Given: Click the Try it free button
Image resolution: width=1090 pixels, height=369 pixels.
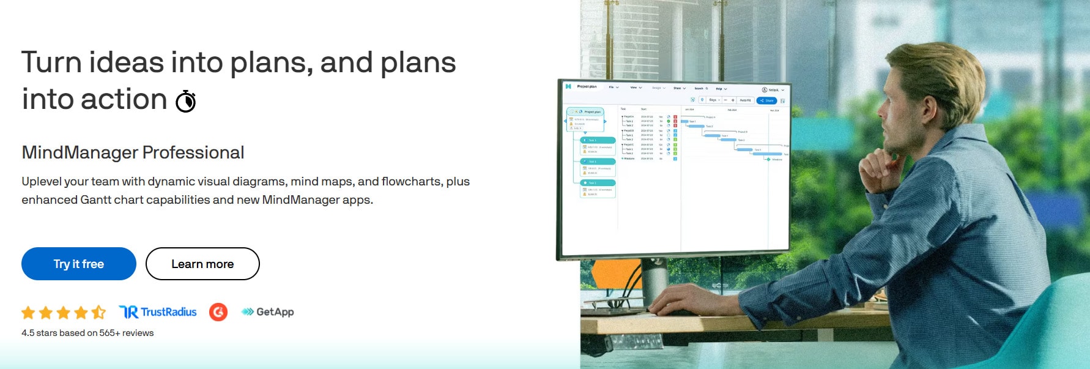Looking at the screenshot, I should click(x=78, y=264).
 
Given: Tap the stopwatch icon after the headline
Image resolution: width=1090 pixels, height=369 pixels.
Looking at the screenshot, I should click(x=186, y=101).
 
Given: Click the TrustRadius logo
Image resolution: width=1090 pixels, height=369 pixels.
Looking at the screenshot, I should click(x=158, y=312).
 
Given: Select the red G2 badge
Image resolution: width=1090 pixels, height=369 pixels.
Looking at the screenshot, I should click(x=218, y=312).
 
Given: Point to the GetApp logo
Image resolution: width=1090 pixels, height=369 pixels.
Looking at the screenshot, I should click(x=268, y=312).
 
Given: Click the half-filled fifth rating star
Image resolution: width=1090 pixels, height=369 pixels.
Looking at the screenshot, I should click(x=98, y=313).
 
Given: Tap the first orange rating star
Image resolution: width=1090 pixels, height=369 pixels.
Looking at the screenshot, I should click(x=28, y=313).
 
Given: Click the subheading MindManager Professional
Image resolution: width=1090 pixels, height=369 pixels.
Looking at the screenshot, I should click(x=133, y=152).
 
